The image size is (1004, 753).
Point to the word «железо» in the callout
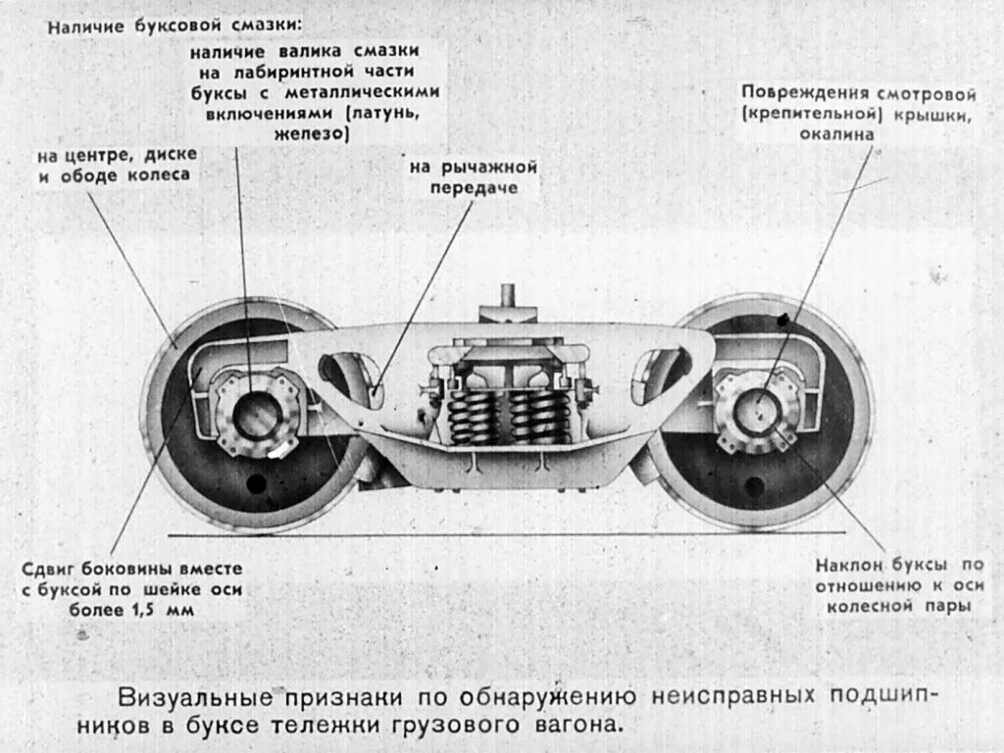point(312,135)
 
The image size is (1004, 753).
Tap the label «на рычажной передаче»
point(474,177)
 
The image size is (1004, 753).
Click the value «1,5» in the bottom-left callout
point(147,611)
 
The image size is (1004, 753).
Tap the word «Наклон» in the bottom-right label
point(850,566)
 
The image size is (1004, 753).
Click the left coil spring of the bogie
point(471,415)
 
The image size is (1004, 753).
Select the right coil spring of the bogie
point(534,415)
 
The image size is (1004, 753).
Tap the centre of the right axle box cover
point(758,410)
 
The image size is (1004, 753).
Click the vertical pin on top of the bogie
point(508,295)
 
